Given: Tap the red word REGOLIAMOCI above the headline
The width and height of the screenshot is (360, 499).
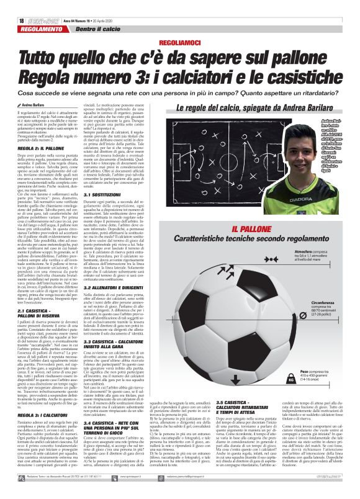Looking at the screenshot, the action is tap(179, 42).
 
